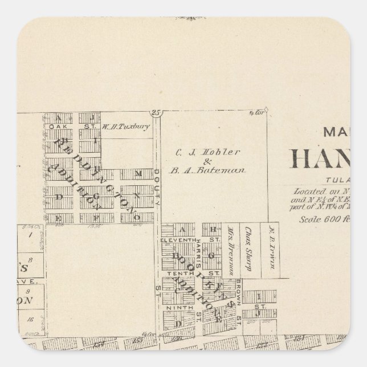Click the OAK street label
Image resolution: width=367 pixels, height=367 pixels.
(x=56, y=127)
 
